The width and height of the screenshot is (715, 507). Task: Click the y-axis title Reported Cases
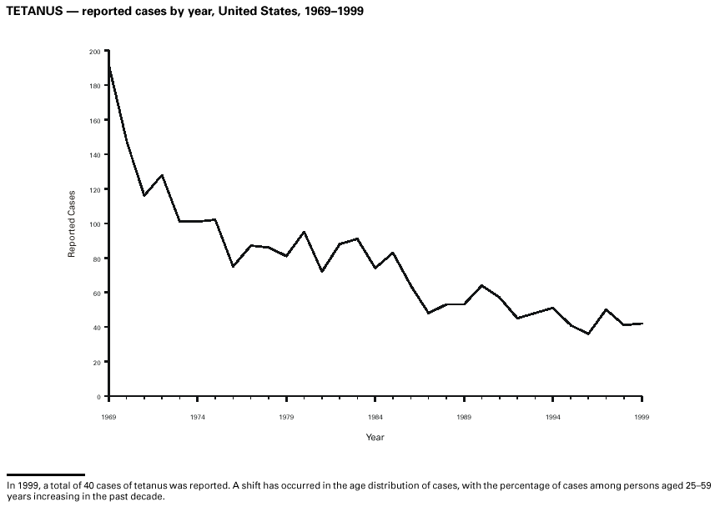coord(72,223)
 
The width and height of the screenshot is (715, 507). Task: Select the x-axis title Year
coord(375,437)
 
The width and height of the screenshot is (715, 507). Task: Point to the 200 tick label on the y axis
coord(94,52)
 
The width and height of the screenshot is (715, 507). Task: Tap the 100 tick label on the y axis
coord(94,224)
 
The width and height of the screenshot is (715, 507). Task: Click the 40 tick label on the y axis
coord(96,328)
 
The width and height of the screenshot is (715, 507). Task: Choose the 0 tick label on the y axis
coord(98,397)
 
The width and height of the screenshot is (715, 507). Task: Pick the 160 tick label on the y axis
coord(94,121)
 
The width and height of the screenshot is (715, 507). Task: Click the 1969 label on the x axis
coord(108,415)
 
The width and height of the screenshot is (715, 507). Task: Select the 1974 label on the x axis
coord(198,415)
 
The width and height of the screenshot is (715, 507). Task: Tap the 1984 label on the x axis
coord(375,415)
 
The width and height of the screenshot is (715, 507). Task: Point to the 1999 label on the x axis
coord(642,415)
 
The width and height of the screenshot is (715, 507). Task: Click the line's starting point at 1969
coord(109,67)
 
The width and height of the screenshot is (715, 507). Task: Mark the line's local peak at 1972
coord(162,175)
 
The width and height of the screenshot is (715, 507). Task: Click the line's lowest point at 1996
coord(589,334)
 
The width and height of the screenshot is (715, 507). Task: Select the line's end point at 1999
coord(642,324)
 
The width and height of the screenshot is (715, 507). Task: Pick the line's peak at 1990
coord(482,285)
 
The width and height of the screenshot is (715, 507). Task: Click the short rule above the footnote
coord(46,474)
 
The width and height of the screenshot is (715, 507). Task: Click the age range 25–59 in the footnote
coord(695,484)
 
